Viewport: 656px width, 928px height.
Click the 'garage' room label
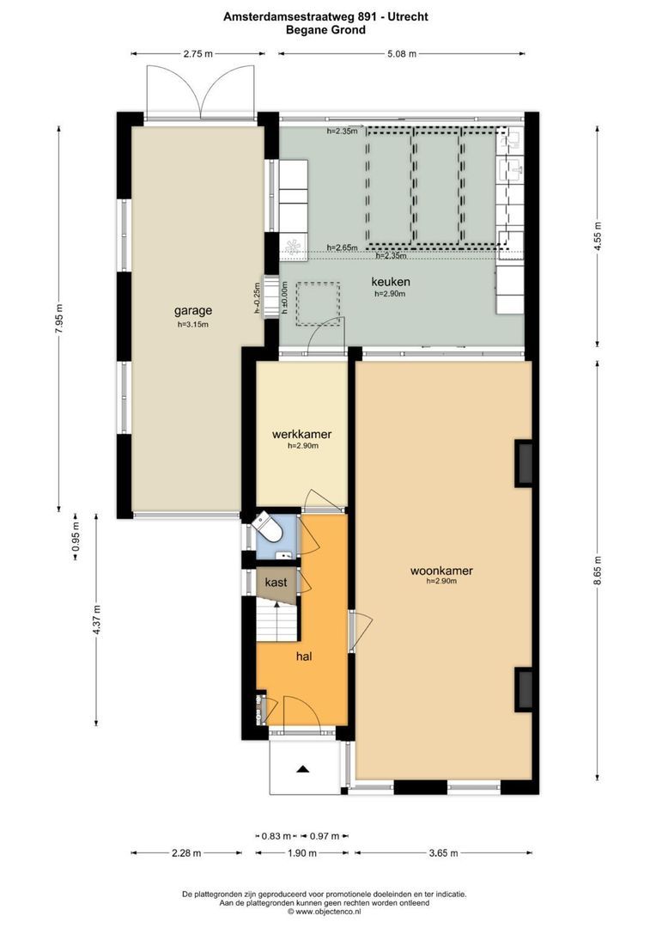(193, 311)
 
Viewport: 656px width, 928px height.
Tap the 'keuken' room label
(390, 281)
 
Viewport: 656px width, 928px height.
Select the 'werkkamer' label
(301, 435)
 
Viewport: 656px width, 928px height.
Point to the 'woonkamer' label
(441, 570)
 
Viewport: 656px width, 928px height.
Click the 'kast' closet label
(276, 583)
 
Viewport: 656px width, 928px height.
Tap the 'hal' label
(303, 656)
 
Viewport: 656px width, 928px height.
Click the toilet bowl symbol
(267, 528)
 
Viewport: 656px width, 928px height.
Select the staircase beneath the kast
(276, 619)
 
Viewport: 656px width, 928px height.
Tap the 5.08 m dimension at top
(400, 53)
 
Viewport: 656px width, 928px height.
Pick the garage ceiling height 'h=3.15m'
(193, 325)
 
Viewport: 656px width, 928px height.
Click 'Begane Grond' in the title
(326, 29)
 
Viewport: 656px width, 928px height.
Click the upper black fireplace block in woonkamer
(523, 463)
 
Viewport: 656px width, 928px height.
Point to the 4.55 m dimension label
(598, 234)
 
